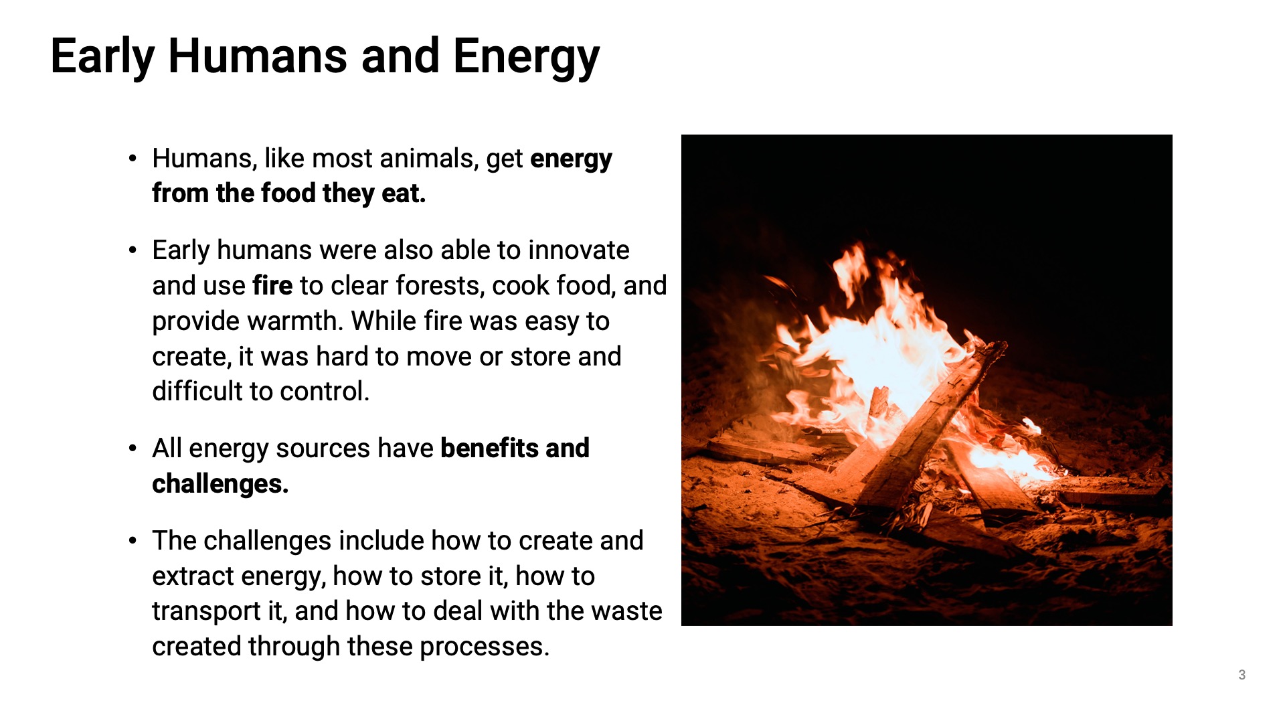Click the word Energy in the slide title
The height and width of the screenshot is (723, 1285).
tap(526, 57)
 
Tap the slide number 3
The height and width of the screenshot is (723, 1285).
tap(1241, 675)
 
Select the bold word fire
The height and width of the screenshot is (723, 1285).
tap(272, 285)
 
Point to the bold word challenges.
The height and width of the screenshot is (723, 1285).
tap(220, 484)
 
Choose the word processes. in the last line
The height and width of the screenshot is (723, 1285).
tap(484, 647)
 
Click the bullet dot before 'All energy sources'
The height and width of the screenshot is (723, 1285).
tap(133, 449)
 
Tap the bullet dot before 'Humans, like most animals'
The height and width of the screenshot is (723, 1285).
tap(133, 159)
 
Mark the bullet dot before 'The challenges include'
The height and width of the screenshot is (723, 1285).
tap(133, 541)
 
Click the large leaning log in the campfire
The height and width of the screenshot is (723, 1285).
tap(930, 428)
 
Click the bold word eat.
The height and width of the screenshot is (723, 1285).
tap(404, 193)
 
